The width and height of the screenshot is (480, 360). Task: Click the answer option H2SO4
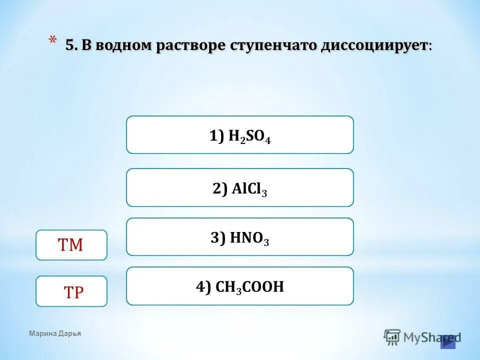tap(240, 135)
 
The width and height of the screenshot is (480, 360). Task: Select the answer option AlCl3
tap(240, 187)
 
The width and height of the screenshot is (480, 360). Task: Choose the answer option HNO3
tap(240, 237)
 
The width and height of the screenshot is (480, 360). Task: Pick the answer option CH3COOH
tap(240, 286)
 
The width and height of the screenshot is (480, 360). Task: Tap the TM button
tap(71, 245)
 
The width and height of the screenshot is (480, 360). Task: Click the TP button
tap(71, 291)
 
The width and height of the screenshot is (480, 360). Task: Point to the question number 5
tap(70, 45)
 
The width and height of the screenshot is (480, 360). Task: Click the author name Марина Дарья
tap(55, 333)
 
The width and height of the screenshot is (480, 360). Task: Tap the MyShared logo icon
tap(392, 337)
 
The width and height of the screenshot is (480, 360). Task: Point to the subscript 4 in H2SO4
tap(268, 140)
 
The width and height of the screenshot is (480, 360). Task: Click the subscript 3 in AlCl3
tap(264, 193)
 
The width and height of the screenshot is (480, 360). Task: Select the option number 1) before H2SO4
tap(217, 136)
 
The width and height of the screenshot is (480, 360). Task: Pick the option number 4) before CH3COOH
tap(204, 286)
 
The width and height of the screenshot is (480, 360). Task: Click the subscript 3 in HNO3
tap(266, 242)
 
